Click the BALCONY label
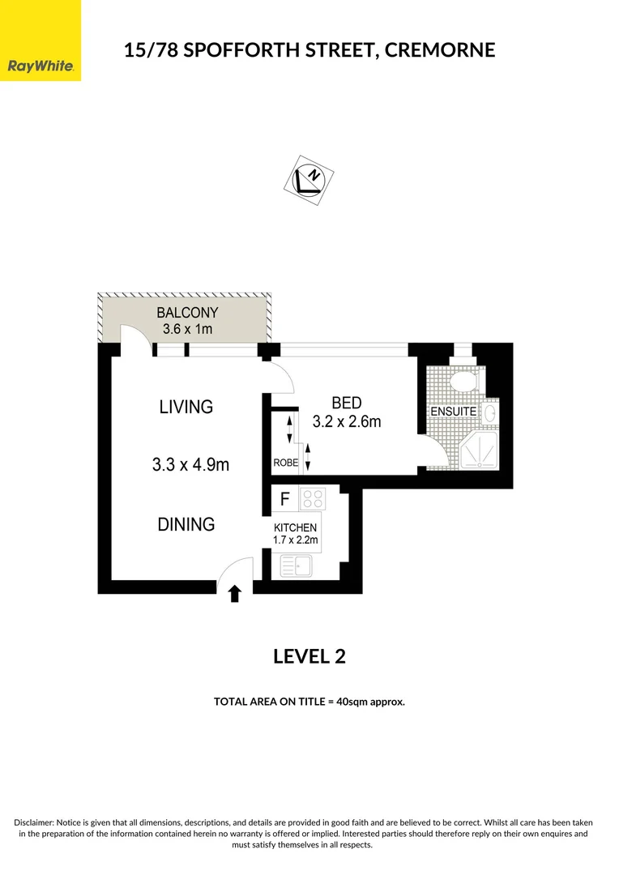click(x=187, y=313)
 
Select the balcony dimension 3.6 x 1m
click(x=187, y=329)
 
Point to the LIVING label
click(x=186, y=407)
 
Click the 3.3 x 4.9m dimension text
click(x=190, y=465)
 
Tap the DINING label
click(x=186, y=524)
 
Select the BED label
click(x=346, y=403)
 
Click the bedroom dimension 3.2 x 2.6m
click(x=347, y=421)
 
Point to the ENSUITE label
click(x=453, y=412)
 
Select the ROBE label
click(x=285, y=463)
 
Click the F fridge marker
click(x=285, y=498)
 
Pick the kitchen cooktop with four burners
click(x=311, y=498)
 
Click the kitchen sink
click(x=296, y=565)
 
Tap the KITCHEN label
click(x=296, y=527)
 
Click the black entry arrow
click(x=235, y=595)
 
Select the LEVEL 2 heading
click(x=309, y=656)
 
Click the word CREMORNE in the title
click(x=440, y=50)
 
